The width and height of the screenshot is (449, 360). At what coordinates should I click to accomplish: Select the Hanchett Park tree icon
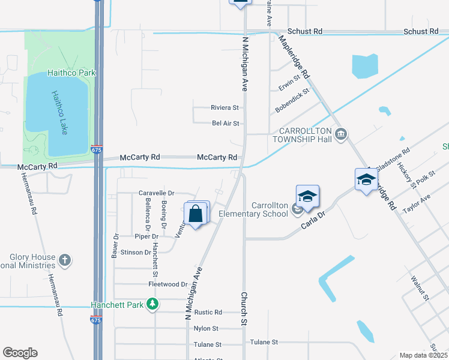coord(153,304)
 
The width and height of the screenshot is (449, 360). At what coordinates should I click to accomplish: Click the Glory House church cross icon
coord(65,260)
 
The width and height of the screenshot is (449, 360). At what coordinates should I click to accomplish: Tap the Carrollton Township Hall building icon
coord(342,133)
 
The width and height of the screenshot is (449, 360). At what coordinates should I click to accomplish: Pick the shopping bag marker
coord(196,214)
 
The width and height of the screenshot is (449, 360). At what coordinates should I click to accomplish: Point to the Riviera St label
coord(224,108)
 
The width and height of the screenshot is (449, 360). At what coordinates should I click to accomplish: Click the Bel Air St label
coord(226,124)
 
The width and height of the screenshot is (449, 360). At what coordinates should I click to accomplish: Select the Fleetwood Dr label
coord(167,284)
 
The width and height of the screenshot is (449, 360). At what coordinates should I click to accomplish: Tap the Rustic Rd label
coord(208,313)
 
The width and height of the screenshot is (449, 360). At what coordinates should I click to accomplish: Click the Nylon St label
coord(206,329)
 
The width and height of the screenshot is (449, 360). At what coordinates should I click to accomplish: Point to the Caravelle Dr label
coord(156,193)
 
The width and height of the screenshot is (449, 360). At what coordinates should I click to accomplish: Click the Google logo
coord(20,353)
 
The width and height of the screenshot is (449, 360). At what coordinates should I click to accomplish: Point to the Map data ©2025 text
coord(423,355)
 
